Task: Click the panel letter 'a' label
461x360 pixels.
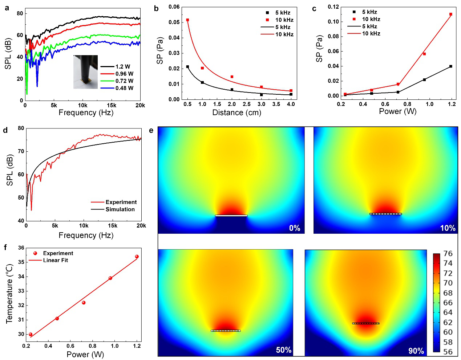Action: pyautogui.click(x=7, y=8)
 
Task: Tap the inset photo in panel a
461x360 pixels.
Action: pyautogui.click(x=85, y=72)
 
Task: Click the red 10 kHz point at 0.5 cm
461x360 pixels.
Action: pyautogui.click(x=187, y=20)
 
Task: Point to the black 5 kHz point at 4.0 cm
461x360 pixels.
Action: pyautogui.click(x=291, y=94)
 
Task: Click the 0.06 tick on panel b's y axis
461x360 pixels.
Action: pyautogui.click(x=174, y=7)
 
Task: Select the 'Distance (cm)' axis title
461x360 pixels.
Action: pyautogui.click(x=236, y=112)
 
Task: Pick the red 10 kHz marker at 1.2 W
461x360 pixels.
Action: pyautogui.click(x=451, y=15)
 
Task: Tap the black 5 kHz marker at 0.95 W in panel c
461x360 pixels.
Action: pyautogui.click(x=424, y=79)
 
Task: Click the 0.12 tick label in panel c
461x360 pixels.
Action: pyautogui.click(x=333, y=7)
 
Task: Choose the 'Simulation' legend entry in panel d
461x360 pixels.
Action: pyautogui.click(x=120, y=209)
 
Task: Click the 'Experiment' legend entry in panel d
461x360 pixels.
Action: pyautogui.click(x=121, y=202)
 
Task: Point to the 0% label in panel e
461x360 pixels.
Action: pyautogui.click(x=295, y=228)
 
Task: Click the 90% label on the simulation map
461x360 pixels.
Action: pyautogui.click(x=416, y=351)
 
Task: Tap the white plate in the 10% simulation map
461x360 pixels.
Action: pyautogui.click(x=386, y=214)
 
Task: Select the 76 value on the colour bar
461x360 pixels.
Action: pyautogui.click(x=448, y=254)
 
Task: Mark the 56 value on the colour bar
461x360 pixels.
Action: pyautogui.click(x=448, y=352)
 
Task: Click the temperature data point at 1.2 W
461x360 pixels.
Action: pyautogui.click(x=137, y=257)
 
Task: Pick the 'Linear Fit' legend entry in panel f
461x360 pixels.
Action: pyautogui.click(x=55, y=260)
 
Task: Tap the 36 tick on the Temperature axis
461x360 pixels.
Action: pyautogui.click(x=21, y=248)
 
